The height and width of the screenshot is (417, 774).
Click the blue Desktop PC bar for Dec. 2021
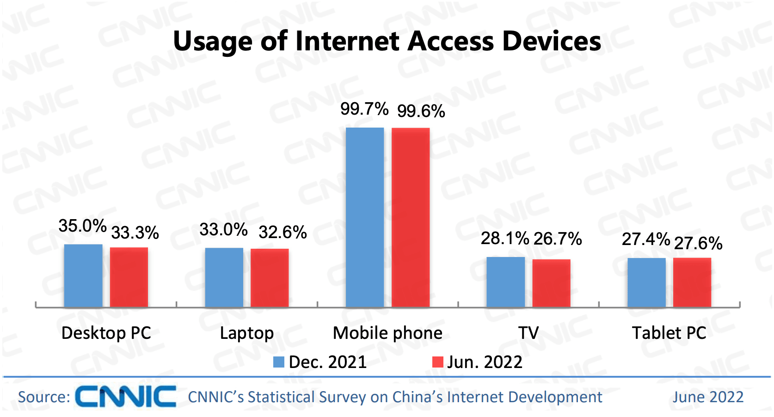pyautogui.click(x=83, y=276)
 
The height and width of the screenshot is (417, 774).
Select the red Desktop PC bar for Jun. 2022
pyautogui.click(x=129, y=277)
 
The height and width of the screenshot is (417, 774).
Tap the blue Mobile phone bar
pyautogui.click(x=365, y=217)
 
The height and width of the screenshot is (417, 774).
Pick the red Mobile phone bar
pyautogui.click(x=411, y=217)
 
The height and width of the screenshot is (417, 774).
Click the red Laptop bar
pyautogui.click(x=270, y=278)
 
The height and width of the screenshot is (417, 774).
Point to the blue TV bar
pyautogui.click(x=505, y=282)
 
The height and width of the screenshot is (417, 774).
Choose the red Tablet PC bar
pyautogui.click(x=692, y=282)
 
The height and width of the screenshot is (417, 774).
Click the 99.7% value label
pyautogui.click(x=364, y=109)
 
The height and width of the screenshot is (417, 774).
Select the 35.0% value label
pyautogui.click(x=82, y=226)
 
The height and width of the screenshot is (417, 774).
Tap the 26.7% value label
pyautogui.click(x=558, y=239)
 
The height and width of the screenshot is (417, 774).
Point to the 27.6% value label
pyautogui.click(x=698, y=243)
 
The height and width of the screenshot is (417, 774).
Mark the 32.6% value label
pyautogui.click(x=283, y=232)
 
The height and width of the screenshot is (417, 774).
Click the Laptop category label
pyautogui.click(x=247, y=333)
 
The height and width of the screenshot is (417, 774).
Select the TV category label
pyautogui.click(x=528, y=333)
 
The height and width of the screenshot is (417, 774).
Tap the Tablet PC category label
pyautogui.click(x=669, y=333)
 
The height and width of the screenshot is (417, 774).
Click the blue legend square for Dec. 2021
pyautogui.click(x=279, y=362)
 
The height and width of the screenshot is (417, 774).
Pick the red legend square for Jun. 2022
pyautogui.click(x=437, y=362)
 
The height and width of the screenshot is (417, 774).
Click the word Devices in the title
pyautogui.click(x=552, y=41)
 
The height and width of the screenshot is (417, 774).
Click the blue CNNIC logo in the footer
pyautogui.click(x=126, y=397)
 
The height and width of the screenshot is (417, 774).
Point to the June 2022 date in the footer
pyautogui.click(x=708, y=397)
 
